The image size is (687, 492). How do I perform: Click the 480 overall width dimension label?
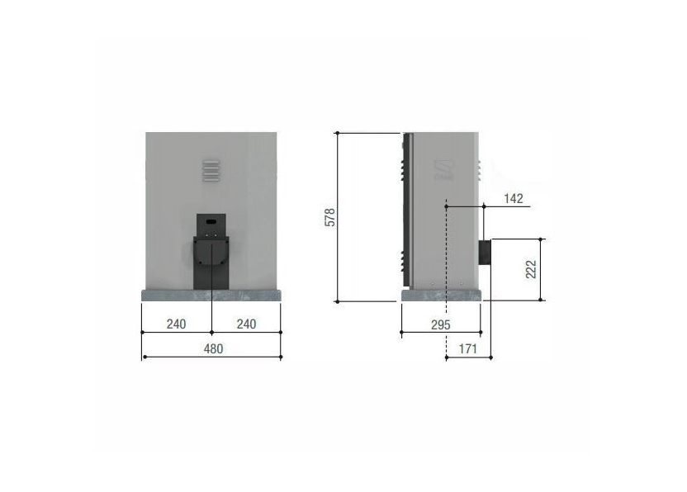213,348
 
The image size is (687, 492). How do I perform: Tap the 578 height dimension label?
331,217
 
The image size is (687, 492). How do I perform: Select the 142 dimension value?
514,198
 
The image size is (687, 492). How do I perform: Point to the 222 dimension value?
531,269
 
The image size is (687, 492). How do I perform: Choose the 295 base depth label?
441,324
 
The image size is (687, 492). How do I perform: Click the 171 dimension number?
467,348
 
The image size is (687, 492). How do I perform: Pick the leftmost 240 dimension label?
176,324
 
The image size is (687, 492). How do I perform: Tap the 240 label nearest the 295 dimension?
246,324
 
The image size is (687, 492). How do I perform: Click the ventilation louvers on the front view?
211,171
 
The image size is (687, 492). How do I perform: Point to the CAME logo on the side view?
444,169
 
